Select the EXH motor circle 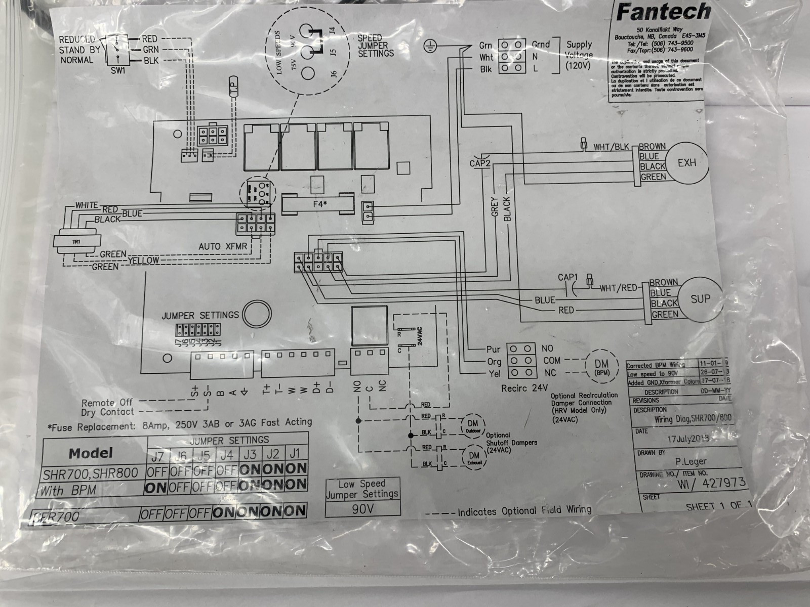tap(686, 163)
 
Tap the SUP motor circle tap(700, 298)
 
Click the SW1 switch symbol tap(117, 50)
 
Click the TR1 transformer tap(76, 242)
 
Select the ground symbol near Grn tap(430, 47)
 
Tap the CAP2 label tap(479, 163)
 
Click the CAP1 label tap(568, 277)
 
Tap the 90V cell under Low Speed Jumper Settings tap(362, 509)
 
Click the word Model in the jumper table tap(91, 453)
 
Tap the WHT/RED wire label tap(618, 288)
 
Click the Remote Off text tap(107, 403)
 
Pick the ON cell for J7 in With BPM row tap(156, 489)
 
